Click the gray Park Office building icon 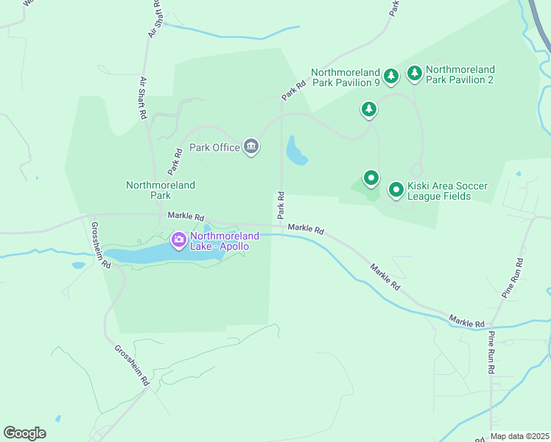(251, 147)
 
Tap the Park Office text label (214, 147)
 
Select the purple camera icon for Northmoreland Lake (178, 240)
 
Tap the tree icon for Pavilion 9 (391, 75)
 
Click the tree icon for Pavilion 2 (415, 72)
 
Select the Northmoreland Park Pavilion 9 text (345, 77)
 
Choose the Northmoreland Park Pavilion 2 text (460, 74)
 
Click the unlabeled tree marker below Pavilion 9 (368, 110)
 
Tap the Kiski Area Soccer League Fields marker (396, 190)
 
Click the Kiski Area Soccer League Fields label (447, 192)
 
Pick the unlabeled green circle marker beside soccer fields (371, 178)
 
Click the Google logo (24, 432)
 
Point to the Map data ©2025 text (519, 436)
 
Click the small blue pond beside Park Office (296, 151)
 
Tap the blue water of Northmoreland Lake (140, 255)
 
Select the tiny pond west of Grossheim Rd (78, 265)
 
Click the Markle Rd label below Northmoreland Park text (185, 216)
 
